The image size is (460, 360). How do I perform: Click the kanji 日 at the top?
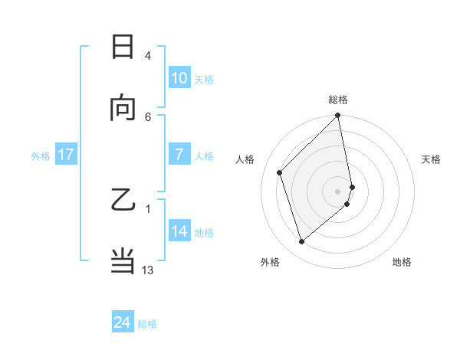click(x=123, y=47)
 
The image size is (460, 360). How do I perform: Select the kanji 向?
click(x=123, y=108)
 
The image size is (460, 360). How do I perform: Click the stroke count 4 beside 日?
click(x=147, y=56)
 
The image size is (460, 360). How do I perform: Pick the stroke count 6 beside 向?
click(x=147, y=116)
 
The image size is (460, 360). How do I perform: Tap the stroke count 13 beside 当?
click(x=148, y=270)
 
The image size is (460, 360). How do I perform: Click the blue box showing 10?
click(x=179, y=78)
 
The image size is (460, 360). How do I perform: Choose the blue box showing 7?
click(x=179, y=155)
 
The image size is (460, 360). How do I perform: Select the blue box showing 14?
click(x=179, y=231)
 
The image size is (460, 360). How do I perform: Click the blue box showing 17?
click(x=66, y=155)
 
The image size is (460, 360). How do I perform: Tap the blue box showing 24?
click(x=123, y=322)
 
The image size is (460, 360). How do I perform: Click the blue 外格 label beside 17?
click(x=41, y=155)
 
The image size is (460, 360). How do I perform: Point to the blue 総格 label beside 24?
click(x=147, y=324)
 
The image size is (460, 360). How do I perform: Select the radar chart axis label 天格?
click(x=431, y=159)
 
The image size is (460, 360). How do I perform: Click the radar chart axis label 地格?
click(x=402, y=262)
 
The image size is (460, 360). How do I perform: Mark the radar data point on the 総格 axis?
click(x=338, y=116)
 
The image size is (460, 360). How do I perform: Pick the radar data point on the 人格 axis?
click(x=280, y=172)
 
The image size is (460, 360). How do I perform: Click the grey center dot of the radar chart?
click(x=338, y=190)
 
